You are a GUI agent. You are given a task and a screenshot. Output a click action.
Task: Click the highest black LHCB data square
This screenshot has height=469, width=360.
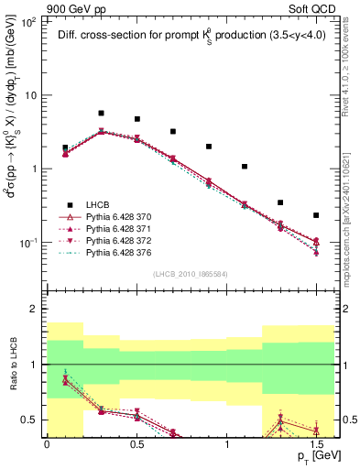(x=101, y=114)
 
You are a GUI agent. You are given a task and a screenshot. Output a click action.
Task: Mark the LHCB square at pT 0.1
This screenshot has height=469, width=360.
(x=65, y=147)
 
